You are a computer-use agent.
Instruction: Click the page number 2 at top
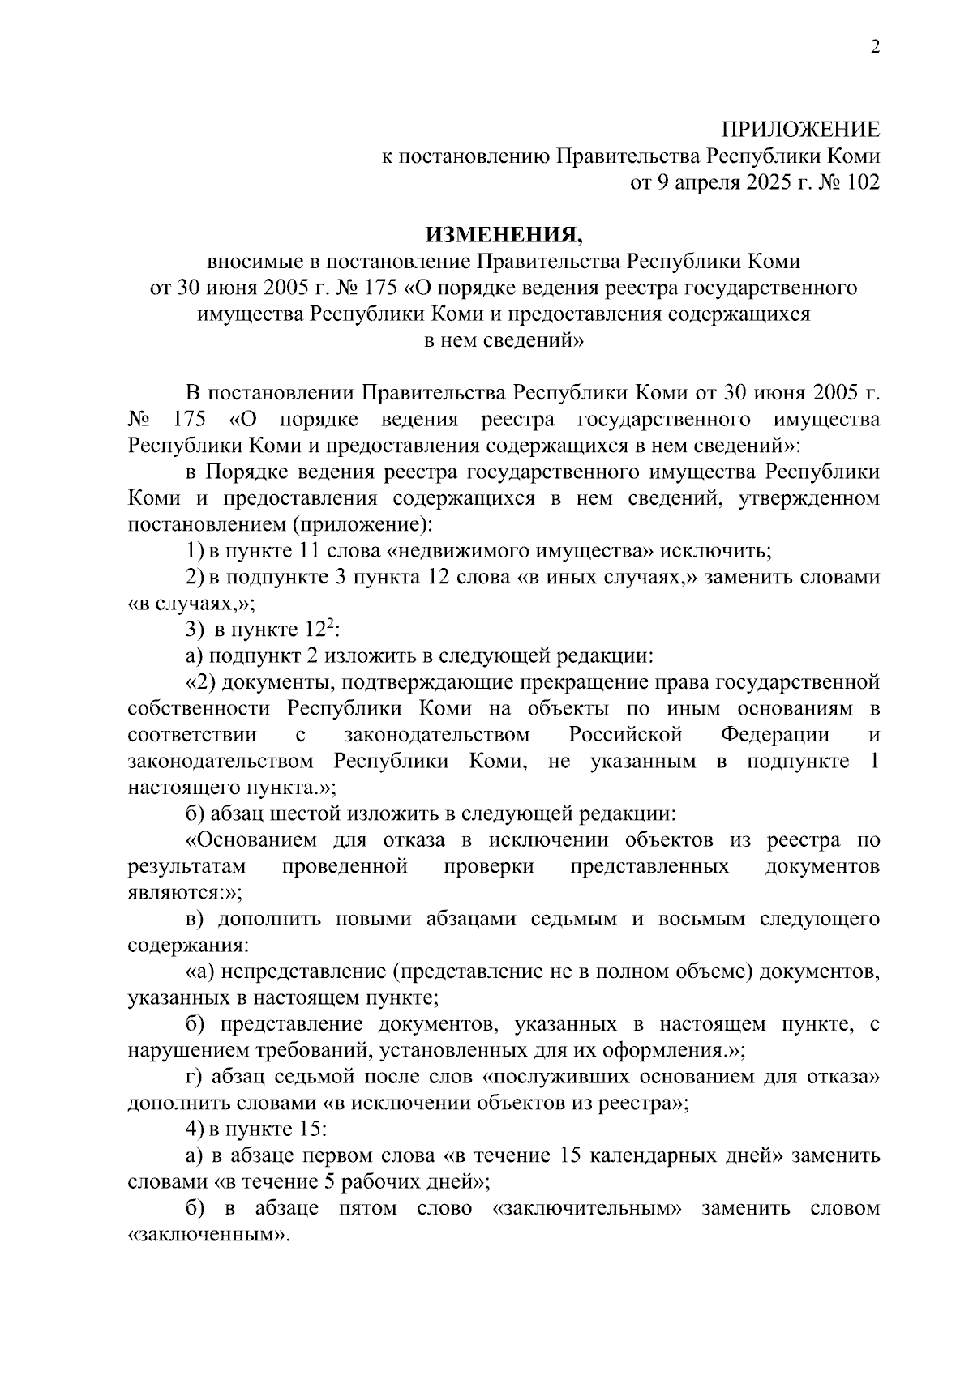pos(874,47)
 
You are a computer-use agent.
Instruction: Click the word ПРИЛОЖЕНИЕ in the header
pos(800,130)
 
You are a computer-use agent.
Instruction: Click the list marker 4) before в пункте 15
pos(195,1129)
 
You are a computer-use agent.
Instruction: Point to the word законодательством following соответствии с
pos(437,735)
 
